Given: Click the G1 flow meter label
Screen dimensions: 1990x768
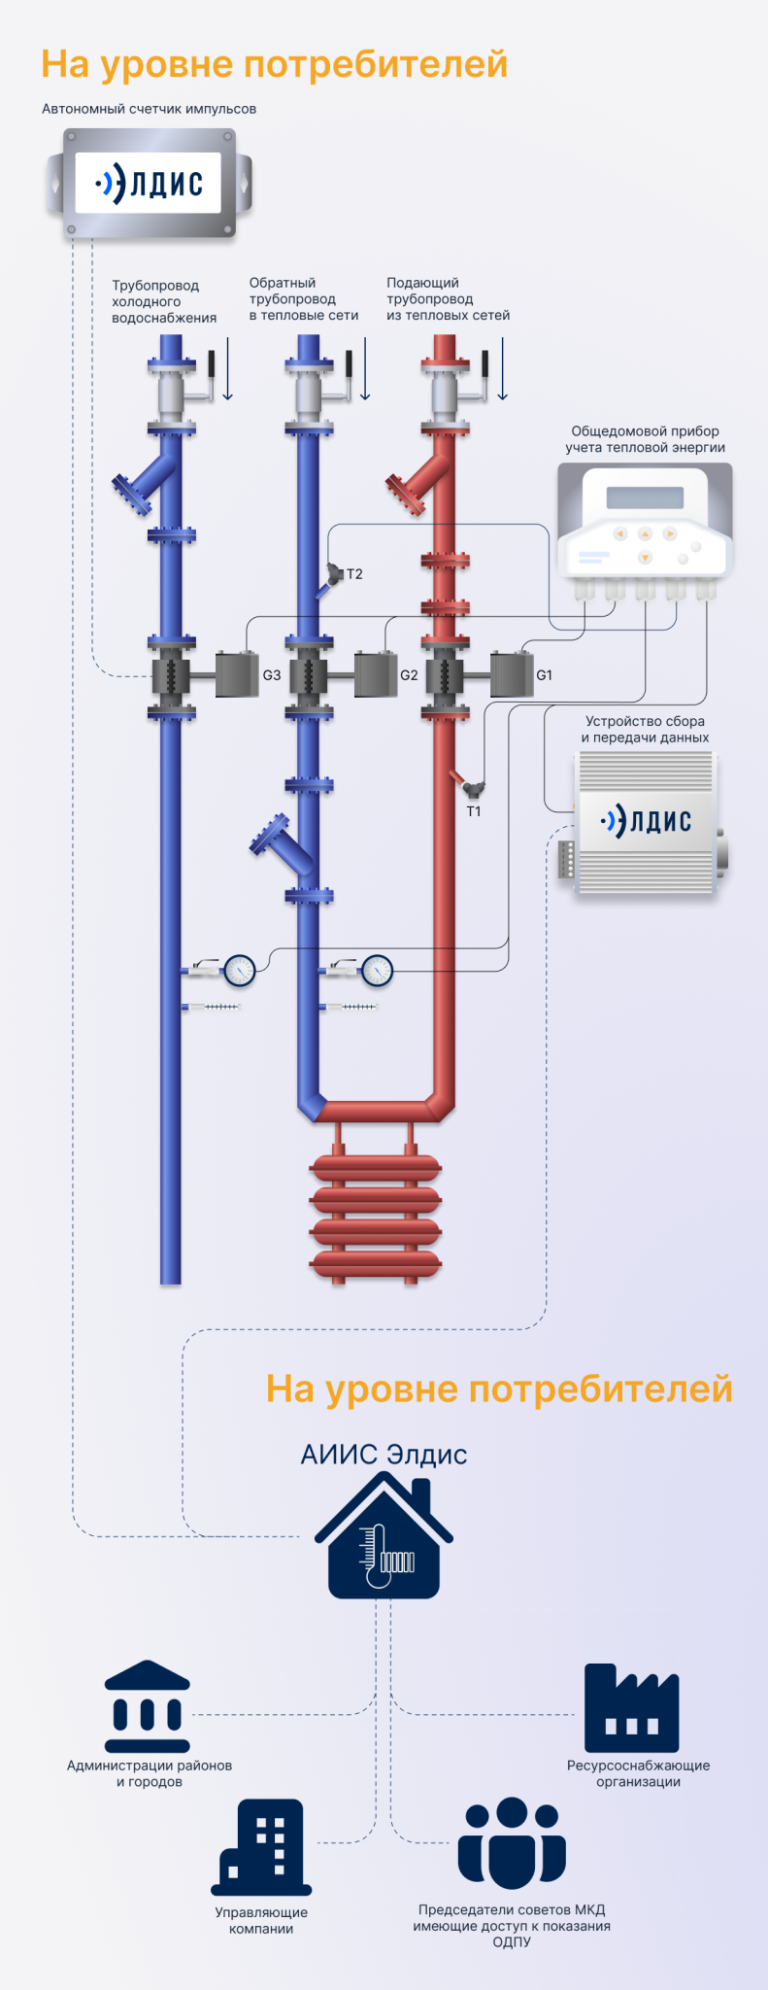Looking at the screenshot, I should tap(545, 675).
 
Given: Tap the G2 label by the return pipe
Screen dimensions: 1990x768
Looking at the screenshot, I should tap(409, 675).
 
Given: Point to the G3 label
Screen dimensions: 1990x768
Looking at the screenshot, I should tap(272, 675).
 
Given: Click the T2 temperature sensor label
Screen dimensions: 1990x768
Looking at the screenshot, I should tap(354, 574).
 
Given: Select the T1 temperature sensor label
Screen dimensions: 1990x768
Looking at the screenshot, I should tap(474, 811).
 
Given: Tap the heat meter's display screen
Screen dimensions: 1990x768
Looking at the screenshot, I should tap(645, 497).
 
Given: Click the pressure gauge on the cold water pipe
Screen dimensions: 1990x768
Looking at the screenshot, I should tap(239, 969).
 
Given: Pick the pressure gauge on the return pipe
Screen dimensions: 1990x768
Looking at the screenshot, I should tap(377, 969).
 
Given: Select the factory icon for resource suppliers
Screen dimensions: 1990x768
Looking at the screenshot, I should tap(631, 1708).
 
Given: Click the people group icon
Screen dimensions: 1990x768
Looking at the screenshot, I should tap(512, 1843).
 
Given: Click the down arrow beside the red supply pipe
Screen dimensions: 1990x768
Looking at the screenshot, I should tap(503, 369).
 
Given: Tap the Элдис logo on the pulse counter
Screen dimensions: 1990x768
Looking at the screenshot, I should tap(149, 183).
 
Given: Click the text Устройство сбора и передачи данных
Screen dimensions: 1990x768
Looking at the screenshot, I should tap(645, 729).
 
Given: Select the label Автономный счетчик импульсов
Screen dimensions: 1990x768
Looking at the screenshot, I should tap(149, 109).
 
